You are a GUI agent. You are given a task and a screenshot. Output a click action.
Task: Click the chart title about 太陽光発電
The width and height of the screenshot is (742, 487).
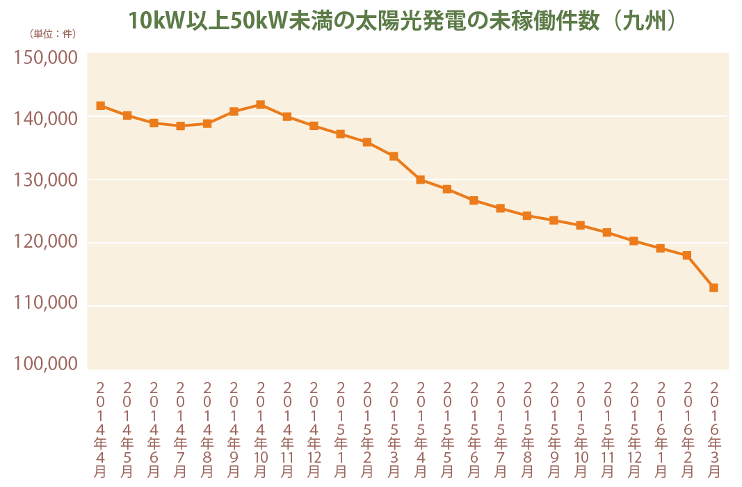(402, 22)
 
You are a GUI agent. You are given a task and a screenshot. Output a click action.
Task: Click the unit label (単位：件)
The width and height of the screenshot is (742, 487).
(53, 33)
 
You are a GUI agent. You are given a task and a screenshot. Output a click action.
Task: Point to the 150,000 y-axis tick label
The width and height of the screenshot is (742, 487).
(45, 58)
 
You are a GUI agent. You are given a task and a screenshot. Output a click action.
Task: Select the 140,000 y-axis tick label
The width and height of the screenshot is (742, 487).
(45, 119)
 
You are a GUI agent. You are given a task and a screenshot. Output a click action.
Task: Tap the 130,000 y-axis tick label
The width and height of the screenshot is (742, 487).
(45, 180)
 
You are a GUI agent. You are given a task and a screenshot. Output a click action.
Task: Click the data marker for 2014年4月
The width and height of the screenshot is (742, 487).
(100, 106)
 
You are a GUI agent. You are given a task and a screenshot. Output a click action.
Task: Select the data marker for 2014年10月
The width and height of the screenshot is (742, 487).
(260, 104)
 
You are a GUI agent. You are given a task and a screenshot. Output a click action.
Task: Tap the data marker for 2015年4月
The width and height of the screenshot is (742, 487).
(420, 179)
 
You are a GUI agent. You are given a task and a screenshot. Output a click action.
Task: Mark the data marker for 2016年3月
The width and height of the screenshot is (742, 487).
(713, 287)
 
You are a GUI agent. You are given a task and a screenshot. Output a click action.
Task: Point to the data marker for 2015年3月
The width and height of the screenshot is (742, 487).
(394, 157)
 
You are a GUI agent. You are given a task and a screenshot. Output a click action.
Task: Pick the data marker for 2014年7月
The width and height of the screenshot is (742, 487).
(180, 126)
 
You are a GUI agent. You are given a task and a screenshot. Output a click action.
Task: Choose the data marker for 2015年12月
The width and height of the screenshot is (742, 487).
(634, 241)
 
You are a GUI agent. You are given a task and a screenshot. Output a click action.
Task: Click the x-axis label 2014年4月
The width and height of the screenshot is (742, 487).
(100, 428)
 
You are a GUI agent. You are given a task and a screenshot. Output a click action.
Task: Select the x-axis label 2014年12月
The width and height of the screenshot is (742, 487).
(314, 428)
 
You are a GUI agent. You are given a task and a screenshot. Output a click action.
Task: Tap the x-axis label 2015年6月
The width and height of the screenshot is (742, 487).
(474, 428)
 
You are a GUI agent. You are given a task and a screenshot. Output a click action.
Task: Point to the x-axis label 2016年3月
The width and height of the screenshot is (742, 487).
(713, 428)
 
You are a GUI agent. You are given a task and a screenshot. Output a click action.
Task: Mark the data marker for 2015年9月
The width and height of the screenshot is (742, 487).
(554, 221)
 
